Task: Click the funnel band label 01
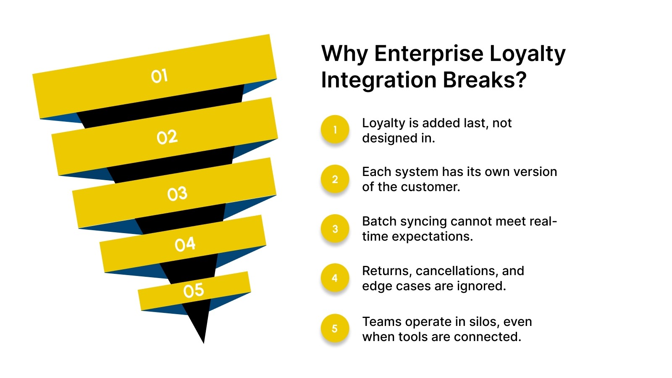click(x=160, y=76)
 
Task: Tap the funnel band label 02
click(x=167, y=137)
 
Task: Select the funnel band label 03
click(x=177, y=194)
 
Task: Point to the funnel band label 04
click(x=185, y=244)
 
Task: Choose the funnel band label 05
click(x=194, y=290)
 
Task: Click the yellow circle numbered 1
click(x=335, y=129)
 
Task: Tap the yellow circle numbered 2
click(x=335, y=179)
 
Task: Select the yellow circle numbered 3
click(x=335, y=229)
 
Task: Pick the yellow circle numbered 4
click(x=335, y=278)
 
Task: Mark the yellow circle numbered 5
click(x=335, y=328)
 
